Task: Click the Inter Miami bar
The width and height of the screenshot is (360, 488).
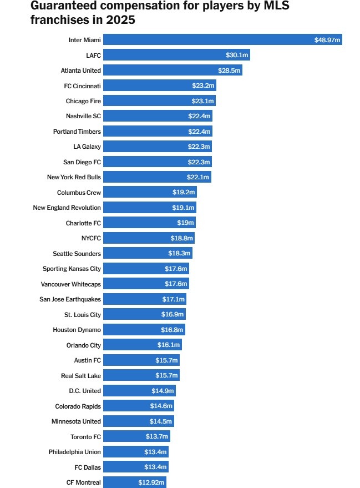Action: coord(222,40)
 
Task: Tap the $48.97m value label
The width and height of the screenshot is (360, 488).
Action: coord(327,40)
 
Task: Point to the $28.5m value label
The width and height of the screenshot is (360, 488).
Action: coord(229,71)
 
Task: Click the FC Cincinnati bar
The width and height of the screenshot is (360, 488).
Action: coord(159,85)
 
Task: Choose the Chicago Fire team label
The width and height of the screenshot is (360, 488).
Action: coord(83,101)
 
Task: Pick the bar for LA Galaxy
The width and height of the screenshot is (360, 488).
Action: coord(158,147)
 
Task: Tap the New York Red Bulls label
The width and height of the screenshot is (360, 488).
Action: coord(74,177)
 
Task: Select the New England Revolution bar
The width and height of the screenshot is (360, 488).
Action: coord(150,208)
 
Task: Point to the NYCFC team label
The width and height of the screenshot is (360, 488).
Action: coord(91,238)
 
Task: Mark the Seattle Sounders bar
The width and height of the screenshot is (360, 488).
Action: coord(148,253)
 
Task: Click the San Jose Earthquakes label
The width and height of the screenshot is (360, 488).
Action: coord(70,299)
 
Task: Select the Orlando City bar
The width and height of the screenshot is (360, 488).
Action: coord(142,345)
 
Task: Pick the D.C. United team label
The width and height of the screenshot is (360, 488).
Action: coord(85,391)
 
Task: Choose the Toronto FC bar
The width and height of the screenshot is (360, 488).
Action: coord(136,436)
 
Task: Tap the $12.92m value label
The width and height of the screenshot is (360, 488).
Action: coord(151,482)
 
